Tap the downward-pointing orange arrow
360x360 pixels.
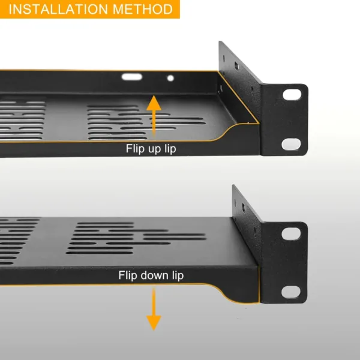154,308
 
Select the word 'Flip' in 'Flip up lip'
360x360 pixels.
135,148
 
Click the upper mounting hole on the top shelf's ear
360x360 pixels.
292,95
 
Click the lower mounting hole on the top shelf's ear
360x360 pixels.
292,143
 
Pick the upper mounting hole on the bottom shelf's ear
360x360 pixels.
292,234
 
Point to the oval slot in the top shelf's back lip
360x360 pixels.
132,77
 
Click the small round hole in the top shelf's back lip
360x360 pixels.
170,78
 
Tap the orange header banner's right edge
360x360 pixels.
179,9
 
